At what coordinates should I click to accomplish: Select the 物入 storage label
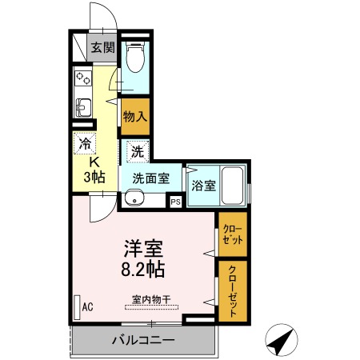pyautogui.click(x=134, y=116)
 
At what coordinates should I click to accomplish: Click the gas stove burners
pyautogui.click(x=83, y=78)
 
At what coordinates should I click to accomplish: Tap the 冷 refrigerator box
pyautogui.click(x=84, y=144)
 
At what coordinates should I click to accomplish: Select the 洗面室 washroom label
pyautogui.click(x=150, y=179)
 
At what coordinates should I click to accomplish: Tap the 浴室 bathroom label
pyautogui.click(x=203, y=186)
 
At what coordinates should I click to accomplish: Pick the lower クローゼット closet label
pyautogui.click(x=231, y=289)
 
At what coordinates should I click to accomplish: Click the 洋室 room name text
pyautogui.click(x=144, y=248)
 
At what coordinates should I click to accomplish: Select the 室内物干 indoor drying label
pyautogui.click(x=151, y=299)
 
